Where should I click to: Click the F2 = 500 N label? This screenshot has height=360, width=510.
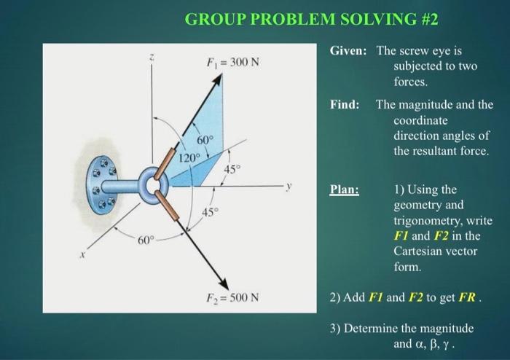[229, 297]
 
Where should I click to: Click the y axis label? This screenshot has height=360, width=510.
[289, 186]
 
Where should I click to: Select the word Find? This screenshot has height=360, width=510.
[345, 104]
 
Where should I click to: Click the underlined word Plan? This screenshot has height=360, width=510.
[344, 189]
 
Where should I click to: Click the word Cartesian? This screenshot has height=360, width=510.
[420, 251]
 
